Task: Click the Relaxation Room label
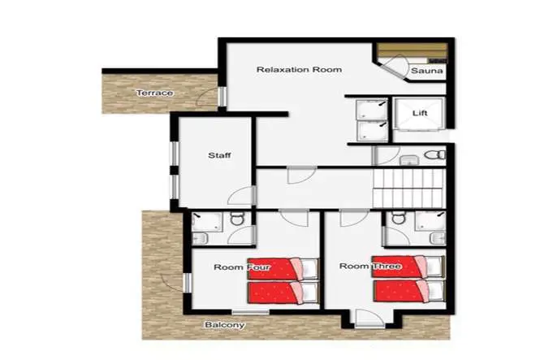coord(287,70)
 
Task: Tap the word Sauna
coord(426,72)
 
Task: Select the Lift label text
coord(420,113)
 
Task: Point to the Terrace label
coord(153,93)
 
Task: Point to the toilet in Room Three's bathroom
coord(398,218)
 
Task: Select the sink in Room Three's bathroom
coord(436,236)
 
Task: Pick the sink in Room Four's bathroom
coord(200,237)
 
